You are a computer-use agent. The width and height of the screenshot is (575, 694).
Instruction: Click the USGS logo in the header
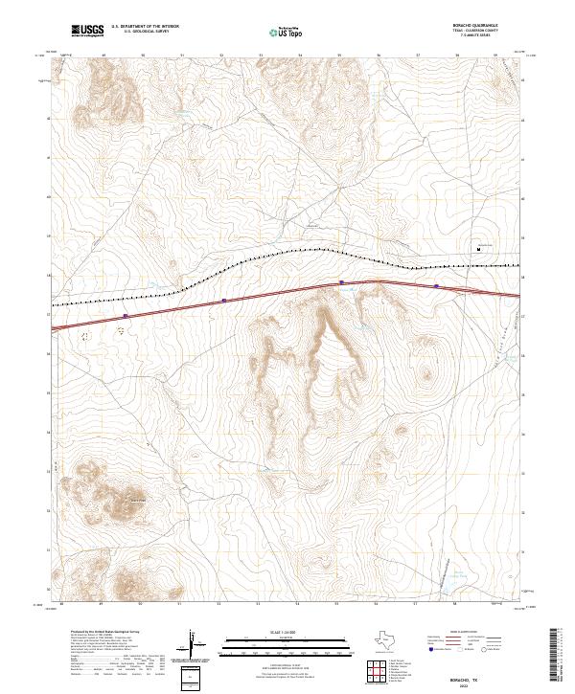coord(87,31)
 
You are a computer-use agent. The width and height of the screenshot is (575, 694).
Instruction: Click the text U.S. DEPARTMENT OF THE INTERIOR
coord(145,26)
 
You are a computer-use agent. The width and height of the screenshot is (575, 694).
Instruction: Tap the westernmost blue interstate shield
coord(126,315)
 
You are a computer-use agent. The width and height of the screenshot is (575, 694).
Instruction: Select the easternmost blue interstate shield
coord(436,285)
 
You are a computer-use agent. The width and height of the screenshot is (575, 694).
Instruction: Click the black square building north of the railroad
coord(479,249)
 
